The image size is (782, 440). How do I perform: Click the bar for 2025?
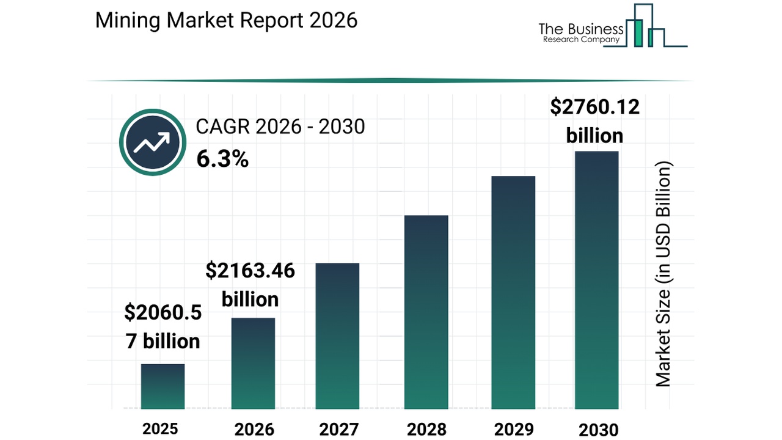[x=163, y=386]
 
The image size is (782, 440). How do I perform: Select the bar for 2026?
[x=253, y=363]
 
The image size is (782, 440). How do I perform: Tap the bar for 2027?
[x=337, y=335]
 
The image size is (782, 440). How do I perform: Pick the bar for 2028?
[x=426, y=312]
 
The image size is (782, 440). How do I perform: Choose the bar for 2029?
[x=513, y=292]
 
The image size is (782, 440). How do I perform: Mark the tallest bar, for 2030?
[x=597, y=280]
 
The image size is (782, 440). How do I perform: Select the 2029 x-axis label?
[x=513, y=429]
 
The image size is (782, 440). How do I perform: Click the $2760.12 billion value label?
[x=594, y=121]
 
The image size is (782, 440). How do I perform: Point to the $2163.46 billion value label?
[x=250, y=285]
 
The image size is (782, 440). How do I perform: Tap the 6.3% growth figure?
[x=222, y=159]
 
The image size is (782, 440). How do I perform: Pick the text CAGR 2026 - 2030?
[x=280, y=127]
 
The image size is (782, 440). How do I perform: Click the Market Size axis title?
[x=663, y=274]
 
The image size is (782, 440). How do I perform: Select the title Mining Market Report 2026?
[x=226, y=20]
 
